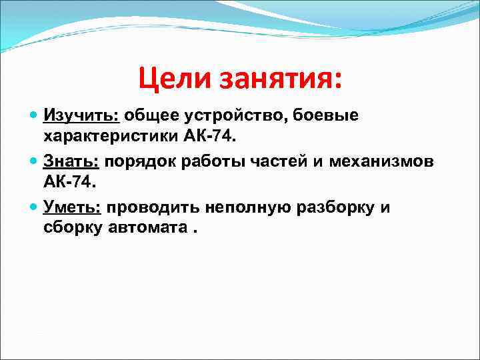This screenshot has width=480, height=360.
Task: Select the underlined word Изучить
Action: click(x=81, y=116)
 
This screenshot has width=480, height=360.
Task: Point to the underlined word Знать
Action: click(x=71, y=162)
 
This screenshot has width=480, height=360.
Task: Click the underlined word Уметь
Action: click(x=73, y=208)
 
